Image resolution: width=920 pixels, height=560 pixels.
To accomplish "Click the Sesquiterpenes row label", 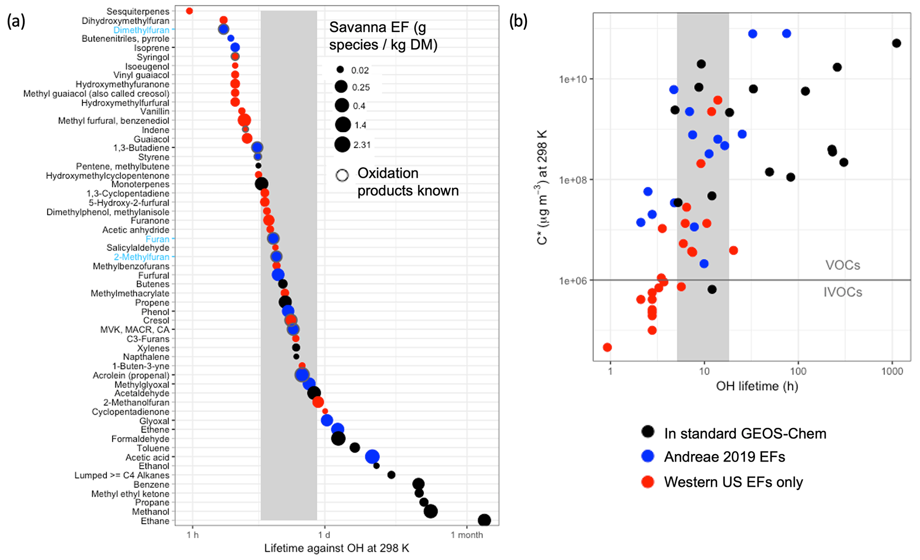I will click(x=138, y=11).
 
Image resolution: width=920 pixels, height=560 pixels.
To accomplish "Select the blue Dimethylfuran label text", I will click(x=141, y=30).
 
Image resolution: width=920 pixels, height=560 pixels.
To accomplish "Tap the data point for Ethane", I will click(x=484, y=520).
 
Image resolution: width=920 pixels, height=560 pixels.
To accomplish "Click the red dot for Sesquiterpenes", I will click(x=189, y=11).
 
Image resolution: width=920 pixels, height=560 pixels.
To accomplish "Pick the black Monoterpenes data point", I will click(x=261, y=183).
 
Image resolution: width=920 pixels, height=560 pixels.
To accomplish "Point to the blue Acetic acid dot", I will click(x=372, y=457).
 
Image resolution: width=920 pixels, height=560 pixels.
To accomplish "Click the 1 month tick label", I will click(x=466, y=535).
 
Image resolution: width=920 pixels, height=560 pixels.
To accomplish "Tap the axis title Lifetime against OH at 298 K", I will click(x=336, y=548).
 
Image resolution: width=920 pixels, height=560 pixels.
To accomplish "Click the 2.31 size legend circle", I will click(x=342, y=144).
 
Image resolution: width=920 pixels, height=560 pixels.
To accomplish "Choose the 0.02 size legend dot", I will click(x=340, y=69).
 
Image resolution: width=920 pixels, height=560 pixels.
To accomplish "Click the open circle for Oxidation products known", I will click(x=342, y=175).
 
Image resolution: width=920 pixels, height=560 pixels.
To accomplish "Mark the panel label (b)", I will click(x=518, y=21).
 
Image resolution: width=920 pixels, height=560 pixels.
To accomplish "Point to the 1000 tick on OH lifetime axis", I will click(x=892, y=371).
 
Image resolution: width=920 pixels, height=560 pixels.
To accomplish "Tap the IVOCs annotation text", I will click(x=843, y=292).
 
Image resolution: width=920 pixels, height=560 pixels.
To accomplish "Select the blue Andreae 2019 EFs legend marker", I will click(x=648, y=456).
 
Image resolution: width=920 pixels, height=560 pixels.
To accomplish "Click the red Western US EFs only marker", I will click(x=648, y=481).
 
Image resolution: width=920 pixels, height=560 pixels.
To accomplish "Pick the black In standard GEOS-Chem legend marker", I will click(x=648, y=431).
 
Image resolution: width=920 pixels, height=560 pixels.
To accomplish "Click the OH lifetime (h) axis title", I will click(x=757, y=386).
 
